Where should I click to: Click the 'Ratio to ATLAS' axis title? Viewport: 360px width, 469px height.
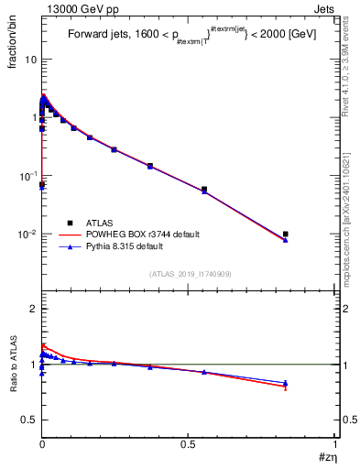tap(12, 366)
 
